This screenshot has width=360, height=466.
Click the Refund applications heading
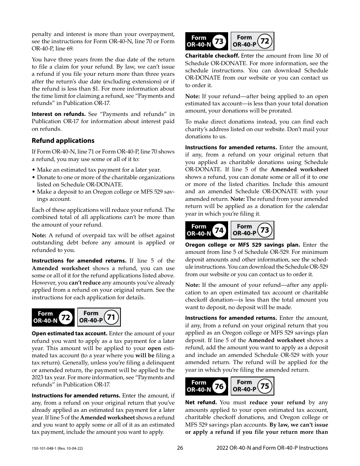tap(63, 141)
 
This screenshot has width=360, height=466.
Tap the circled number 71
tap(111, 317)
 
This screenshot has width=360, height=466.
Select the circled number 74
tap(219, 230)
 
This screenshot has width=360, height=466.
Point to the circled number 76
tap(219, 386)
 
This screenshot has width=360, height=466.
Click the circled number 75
tap(265, 386)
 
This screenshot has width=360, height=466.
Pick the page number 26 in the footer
tap(180, 448)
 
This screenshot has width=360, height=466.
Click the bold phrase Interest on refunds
tap(59, 114)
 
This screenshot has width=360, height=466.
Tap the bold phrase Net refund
tap(201, 402)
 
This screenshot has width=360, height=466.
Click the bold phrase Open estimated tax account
tap(70, 333)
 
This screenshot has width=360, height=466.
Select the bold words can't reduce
tap(85, 283)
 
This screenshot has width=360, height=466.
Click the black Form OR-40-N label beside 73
tap(199, 41)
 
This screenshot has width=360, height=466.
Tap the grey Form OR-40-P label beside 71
tap(91, 317)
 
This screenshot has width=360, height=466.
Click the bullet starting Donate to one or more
tap(105, 177)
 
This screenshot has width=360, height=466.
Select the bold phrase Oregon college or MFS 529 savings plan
tap(243, 245)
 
